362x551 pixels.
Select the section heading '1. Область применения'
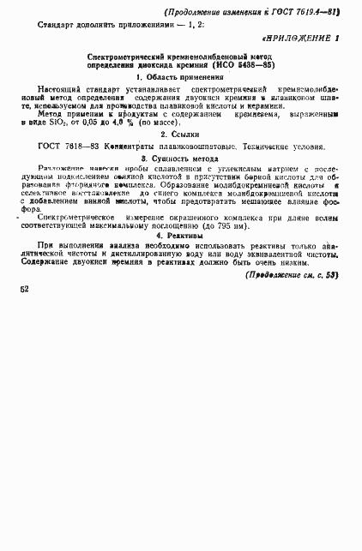click(x=180, y=76)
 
